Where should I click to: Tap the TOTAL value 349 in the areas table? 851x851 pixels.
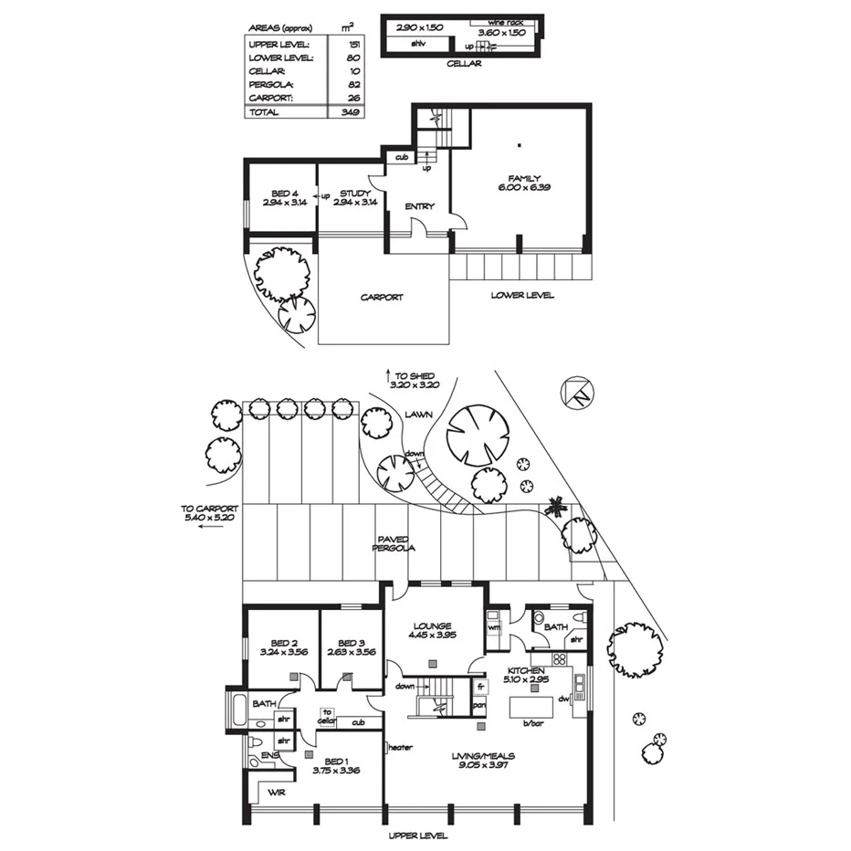[x=347, y=112]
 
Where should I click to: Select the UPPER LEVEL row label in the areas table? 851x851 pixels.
[x=278, y=44]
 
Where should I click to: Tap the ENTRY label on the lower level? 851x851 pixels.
[x=419, y=206]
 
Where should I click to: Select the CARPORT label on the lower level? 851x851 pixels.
[x=382, y=297]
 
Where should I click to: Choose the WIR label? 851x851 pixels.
[x=278, y=793]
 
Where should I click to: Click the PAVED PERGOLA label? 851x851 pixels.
[x=394, y=543]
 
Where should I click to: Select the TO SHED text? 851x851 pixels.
[x=415, y=374]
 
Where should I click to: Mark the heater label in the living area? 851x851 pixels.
[x=400, y=747]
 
